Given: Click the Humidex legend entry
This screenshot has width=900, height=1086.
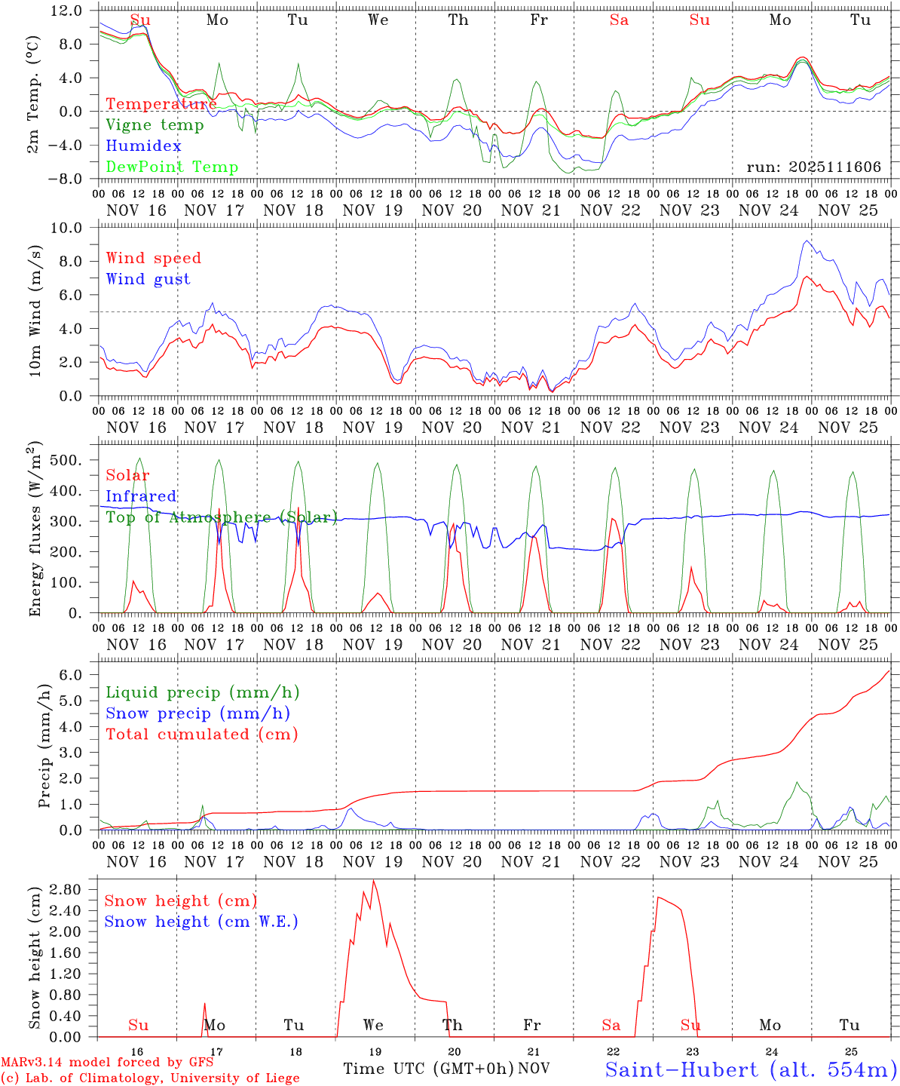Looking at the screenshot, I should point(143,146).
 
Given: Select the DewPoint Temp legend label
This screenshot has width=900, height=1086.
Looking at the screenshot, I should point(172,167).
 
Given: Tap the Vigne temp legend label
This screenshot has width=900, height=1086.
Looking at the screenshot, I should point(155,125).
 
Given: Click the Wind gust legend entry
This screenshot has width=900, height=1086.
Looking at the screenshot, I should point(148,279).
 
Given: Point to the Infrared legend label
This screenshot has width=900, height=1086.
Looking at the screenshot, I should point(141,496).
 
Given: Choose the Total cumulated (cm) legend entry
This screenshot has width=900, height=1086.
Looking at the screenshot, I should point(201,734).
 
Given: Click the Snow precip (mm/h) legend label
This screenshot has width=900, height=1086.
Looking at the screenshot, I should point(197,713).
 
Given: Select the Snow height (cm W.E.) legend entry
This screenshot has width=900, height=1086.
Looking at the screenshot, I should point(201,922).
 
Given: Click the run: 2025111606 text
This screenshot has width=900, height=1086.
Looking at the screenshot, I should point(813,167).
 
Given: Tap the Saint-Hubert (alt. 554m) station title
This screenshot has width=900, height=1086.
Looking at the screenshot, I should point(751,1069).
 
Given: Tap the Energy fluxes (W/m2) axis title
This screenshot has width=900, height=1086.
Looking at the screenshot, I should point(35,530).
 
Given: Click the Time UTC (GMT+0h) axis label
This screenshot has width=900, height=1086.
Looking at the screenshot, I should point(429,1069).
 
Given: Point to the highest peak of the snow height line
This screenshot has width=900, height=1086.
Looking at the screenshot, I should point(373,881).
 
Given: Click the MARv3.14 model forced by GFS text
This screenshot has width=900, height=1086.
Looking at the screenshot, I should point(107,1063).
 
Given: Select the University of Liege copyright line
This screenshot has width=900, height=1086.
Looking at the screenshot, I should point(150,1078).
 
